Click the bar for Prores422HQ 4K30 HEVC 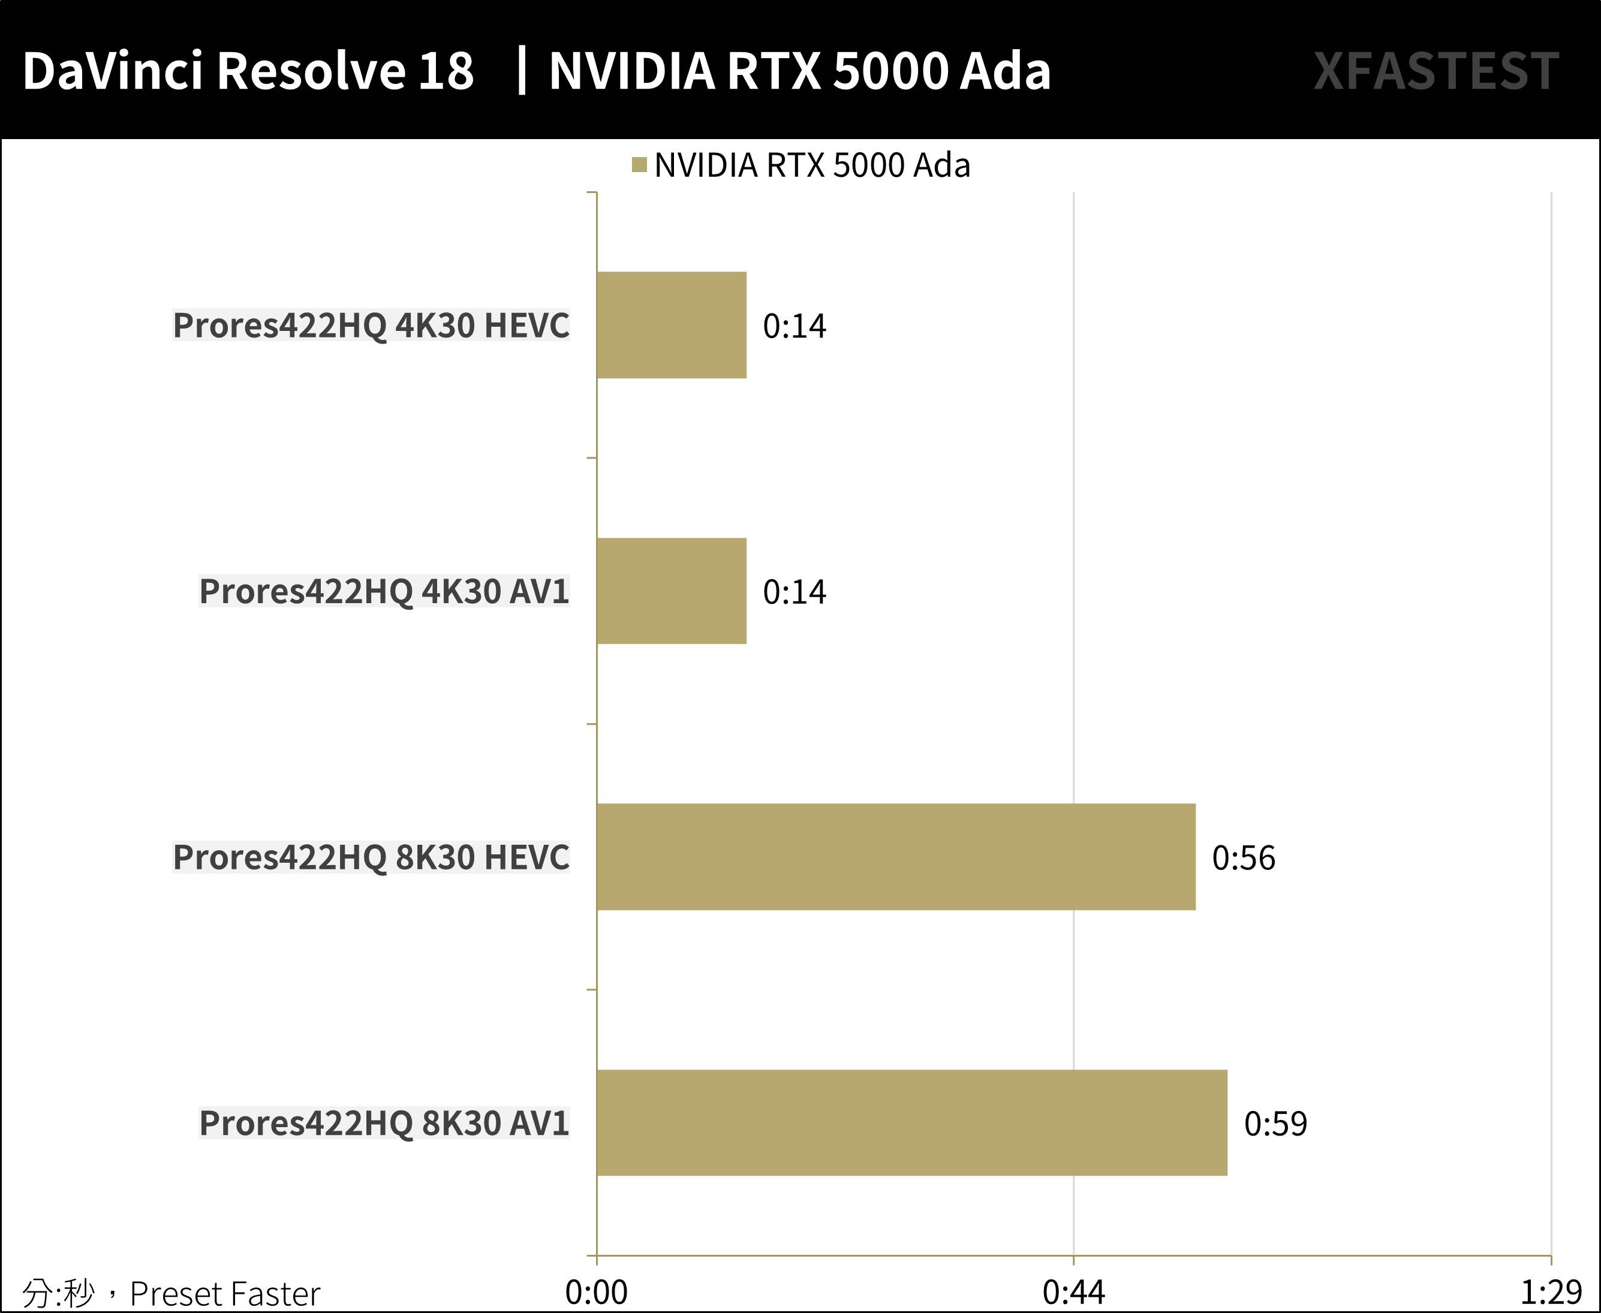coord(672,325)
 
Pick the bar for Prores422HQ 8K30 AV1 coord(911,1122)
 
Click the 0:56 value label coord(1243,858)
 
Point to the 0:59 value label coord(1275,1124)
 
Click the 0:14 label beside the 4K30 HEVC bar coord(794,326)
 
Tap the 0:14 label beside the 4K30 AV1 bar coord(794,592)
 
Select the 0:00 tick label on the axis coord(596,1293)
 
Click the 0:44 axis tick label coord(1073,1293)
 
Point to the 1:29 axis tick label coord(1550,1293)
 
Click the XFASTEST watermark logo coord(1436,72)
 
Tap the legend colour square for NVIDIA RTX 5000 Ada coord(639,165)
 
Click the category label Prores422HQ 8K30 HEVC coord(371,857)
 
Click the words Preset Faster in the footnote coord(225,1294)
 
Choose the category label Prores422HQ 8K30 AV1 coord(383,1122)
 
